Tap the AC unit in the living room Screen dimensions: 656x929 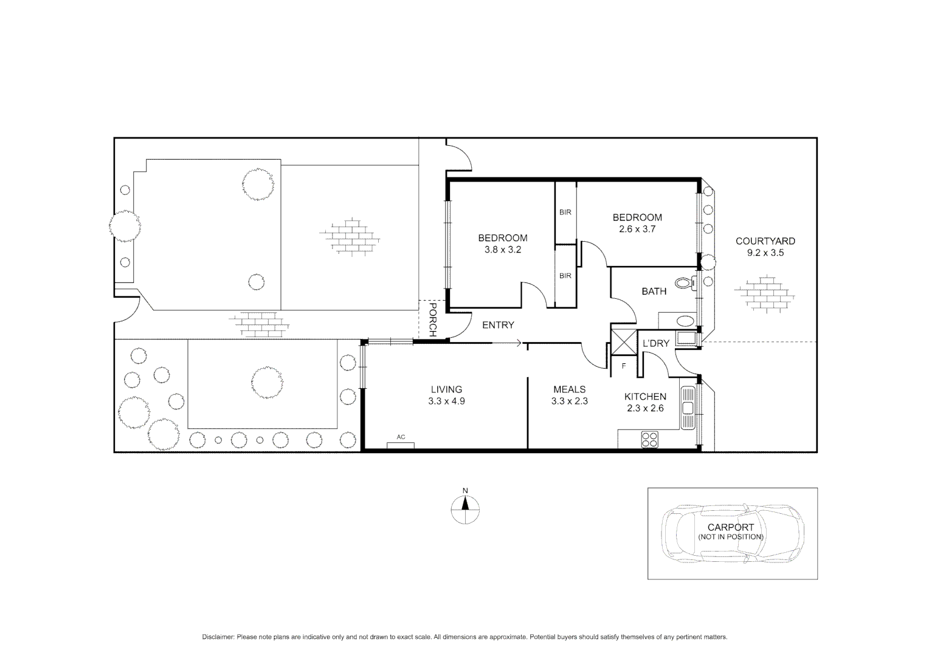pyautogui.click(x=401, y=445)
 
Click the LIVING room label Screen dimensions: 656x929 pyautogui.click(x=446, y=389)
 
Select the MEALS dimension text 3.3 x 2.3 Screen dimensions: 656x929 pyautogui.click(x=569, y=401)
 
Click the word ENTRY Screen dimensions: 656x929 pyautogui.click(x=498, y=325)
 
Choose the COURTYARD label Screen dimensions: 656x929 pyautogui.click(x=765, y=241)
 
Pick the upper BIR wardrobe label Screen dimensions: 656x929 pyautogui.click(x=565, y=213)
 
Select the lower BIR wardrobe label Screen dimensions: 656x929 pyautogui.click(x=565, y=276)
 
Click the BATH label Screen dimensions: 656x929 pyautogui.click(x=654, y=292)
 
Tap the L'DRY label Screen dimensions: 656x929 pyautogui.click(x=656, y=343)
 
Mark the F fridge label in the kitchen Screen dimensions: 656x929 pyautogui.click(x=623, y=366)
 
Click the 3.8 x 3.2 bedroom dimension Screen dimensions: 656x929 pyautogui.click(x=502, y=250)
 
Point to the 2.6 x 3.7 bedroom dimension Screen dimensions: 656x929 pyautogui.click(x=637, y=229)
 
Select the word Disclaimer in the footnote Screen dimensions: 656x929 pyautogui.click(x=218, y=637)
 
